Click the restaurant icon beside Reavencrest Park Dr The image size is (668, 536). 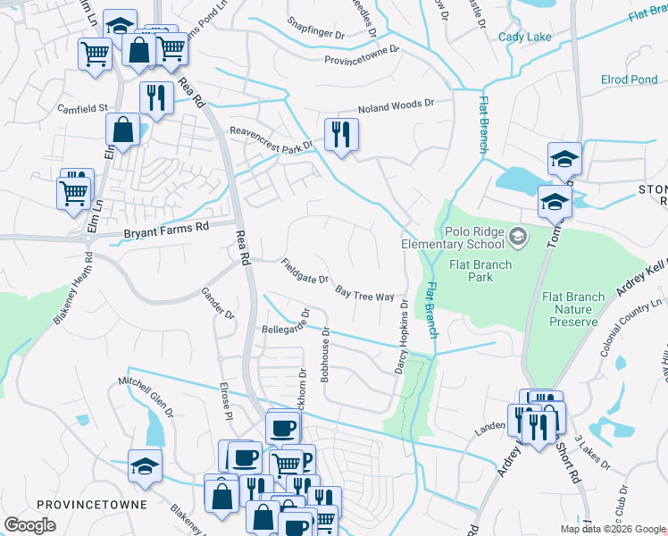(341, 136)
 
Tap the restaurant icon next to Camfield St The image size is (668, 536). (156, 99)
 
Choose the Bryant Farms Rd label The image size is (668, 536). (165, 228)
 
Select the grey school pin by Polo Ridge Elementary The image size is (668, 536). (519, 238)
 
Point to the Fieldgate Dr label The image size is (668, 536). (305, 272)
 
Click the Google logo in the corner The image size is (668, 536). (29, 524)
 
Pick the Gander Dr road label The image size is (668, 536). (217, 304)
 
